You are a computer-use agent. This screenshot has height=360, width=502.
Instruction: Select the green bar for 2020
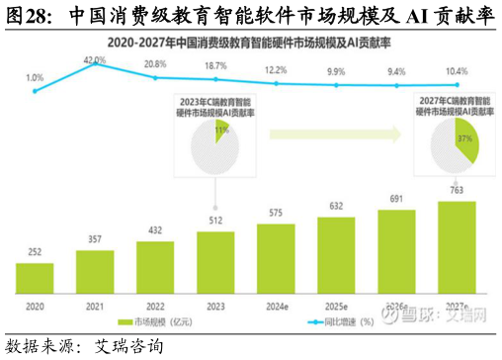pyautogui.click(x=35, y=279)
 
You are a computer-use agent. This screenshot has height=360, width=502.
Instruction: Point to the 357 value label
pyautogui.click(x=95, y=240)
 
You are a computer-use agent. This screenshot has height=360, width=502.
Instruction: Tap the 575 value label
pyautogui.click(x=276, y=213)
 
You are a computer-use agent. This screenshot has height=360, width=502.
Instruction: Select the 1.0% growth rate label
pyautogui.click(x=35, y=77)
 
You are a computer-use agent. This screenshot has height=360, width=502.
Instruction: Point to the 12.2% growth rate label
pyautogui.click(x=276, y=70)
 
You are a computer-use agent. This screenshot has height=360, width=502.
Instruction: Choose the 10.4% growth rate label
pyautogui.click(x=457, y=72)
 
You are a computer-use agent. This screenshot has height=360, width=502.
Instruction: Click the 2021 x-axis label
pyautogui.click(x=95, y=309)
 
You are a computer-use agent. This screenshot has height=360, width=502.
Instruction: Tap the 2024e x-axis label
pyautogui.click(x=276, y=309)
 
